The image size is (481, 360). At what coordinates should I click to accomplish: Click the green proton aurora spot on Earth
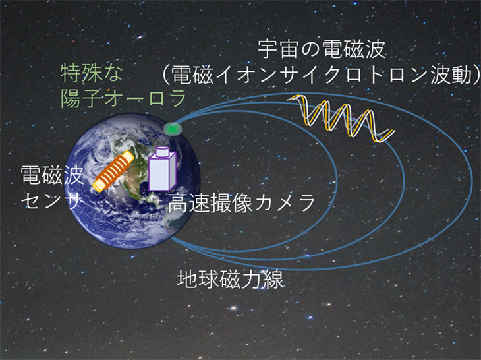tap(173, 129)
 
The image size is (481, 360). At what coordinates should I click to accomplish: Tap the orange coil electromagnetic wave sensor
tap(114, 171)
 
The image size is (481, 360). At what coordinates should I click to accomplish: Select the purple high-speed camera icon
tap(162, 169)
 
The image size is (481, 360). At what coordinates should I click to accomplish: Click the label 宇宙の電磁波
tap(322, 49)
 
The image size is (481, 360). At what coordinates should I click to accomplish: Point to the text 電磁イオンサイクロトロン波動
tap(321, 75)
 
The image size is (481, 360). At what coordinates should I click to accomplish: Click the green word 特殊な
tap(91, 73)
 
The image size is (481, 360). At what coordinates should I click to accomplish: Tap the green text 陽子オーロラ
tap(123, 98)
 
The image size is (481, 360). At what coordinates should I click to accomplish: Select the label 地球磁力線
tap(230, 280)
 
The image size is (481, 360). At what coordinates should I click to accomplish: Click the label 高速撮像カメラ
tap(242, 203)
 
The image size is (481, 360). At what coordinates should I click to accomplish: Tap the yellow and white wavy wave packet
tap(341, 119)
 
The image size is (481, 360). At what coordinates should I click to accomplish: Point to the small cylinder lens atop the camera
tap(163, 151)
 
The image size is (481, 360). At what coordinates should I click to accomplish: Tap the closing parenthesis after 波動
tap(476, 75)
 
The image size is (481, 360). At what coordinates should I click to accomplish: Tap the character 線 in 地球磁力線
tap(273, 280)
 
